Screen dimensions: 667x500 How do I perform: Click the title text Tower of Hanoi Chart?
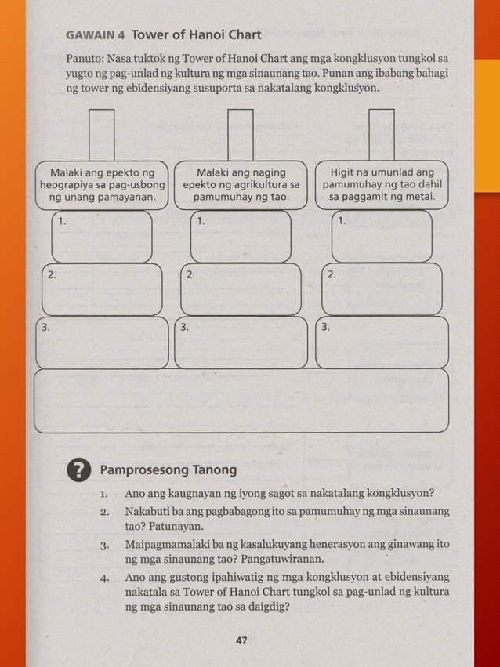(196, 34)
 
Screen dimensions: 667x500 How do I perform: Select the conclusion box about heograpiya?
(102, 184)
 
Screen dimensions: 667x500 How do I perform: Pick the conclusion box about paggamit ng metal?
(382, 184)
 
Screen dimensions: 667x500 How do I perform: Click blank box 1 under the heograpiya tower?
(102, 237)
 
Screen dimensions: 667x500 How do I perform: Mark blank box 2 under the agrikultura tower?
(241, 289)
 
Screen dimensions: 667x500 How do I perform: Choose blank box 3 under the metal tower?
(382, 342)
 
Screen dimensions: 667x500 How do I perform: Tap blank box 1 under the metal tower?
(382, 237)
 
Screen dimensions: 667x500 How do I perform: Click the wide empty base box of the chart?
(241, 401)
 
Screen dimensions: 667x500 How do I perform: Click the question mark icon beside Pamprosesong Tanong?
(78, 470)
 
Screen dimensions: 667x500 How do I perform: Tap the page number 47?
(241, 640)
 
